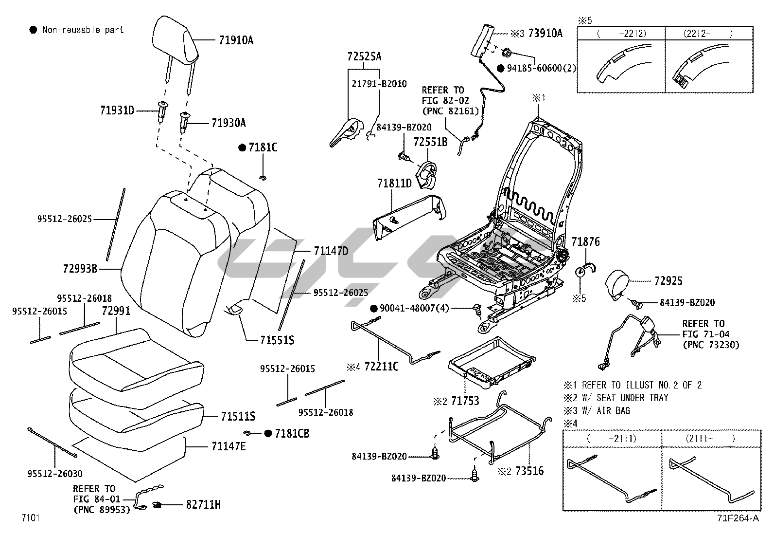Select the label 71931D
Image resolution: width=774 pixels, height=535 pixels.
coord(117,111)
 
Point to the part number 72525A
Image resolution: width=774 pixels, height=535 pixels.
coord(364,56)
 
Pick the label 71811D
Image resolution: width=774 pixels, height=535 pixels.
coord(394,184)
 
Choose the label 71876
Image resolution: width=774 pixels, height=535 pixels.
coord(585,242)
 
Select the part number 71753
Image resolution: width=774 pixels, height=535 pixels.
coord(465,401)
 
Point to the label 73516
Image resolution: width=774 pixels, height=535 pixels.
coord(529,471)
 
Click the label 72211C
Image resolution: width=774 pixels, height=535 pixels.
coord(381,367)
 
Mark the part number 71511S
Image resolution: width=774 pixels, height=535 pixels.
coord(238,416)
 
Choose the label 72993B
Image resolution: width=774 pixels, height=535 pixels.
coord(80,268)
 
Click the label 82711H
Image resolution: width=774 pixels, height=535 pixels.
coord(203,505)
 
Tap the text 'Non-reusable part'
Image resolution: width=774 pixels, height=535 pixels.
coord(83,30)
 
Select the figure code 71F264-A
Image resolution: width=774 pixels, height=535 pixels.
coord(737,518)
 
